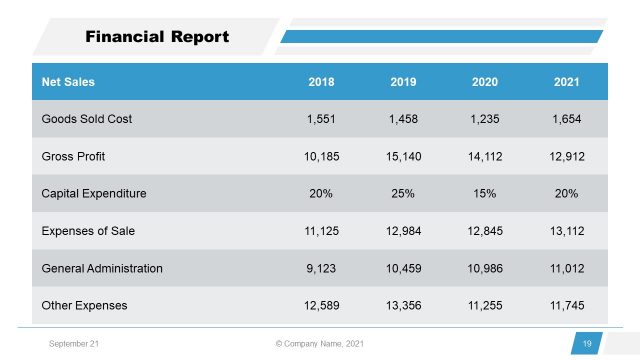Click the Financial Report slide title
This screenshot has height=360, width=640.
(157, 37)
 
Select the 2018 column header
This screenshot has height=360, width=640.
(322, 82)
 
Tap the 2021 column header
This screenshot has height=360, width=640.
(567, 82)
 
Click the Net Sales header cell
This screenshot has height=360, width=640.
(68, 82)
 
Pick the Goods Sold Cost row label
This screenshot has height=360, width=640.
(86, 119)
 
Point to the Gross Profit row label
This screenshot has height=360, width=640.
(74, 157)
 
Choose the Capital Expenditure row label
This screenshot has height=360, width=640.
(94, 194)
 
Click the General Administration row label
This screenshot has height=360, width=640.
(102, 268)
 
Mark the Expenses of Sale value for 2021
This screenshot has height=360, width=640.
(567, 231)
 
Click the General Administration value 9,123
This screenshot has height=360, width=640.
(322, 268)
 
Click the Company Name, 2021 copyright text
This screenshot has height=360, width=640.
(320, 344)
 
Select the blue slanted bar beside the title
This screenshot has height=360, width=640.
(440, 37)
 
